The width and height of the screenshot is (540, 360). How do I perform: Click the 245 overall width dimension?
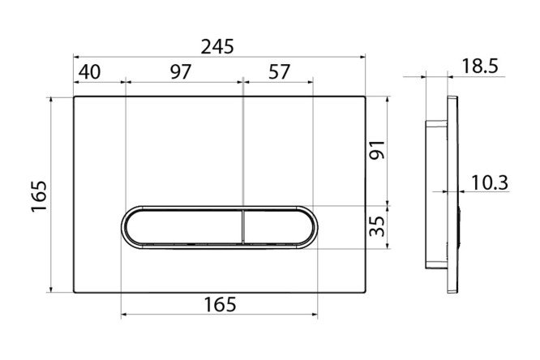[217, 46]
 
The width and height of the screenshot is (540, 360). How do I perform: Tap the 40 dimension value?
[89, 72]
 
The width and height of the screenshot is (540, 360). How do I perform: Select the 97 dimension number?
[181, 72]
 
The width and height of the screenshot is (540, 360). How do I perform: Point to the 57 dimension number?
[279, 72]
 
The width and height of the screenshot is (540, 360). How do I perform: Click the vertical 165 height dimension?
[39, 196]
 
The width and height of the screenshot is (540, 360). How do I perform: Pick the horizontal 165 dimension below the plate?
[220, 305]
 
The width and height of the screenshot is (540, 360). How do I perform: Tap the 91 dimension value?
[377, 150]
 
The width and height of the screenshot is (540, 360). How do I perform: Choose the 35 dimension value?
[377, 226]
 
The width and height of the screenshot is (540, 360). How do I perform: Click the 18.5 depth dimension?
[480, 66]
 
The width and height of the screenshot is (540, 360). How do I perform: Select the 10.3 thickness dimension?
[490, 182]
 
